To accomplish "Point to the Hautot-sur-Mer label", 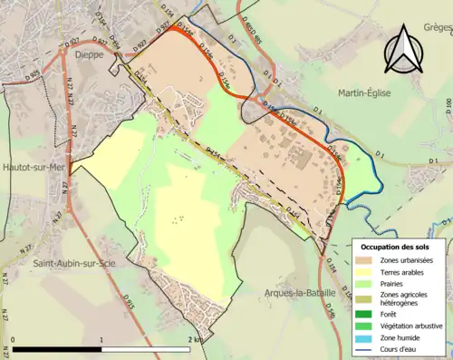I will tap(34, 168).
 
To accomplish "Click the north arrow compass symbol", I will tap(404, 50).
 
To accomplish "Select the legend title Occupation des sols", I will tap(401, 247).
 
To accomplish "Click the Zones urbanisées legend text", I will tap(407, 260).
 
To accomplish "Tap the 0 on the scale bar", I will tap(14, 340).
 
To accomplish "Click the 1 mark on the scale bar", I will tap(101, 340).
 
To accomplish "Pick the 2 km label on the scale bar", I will tap(194, 340).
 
